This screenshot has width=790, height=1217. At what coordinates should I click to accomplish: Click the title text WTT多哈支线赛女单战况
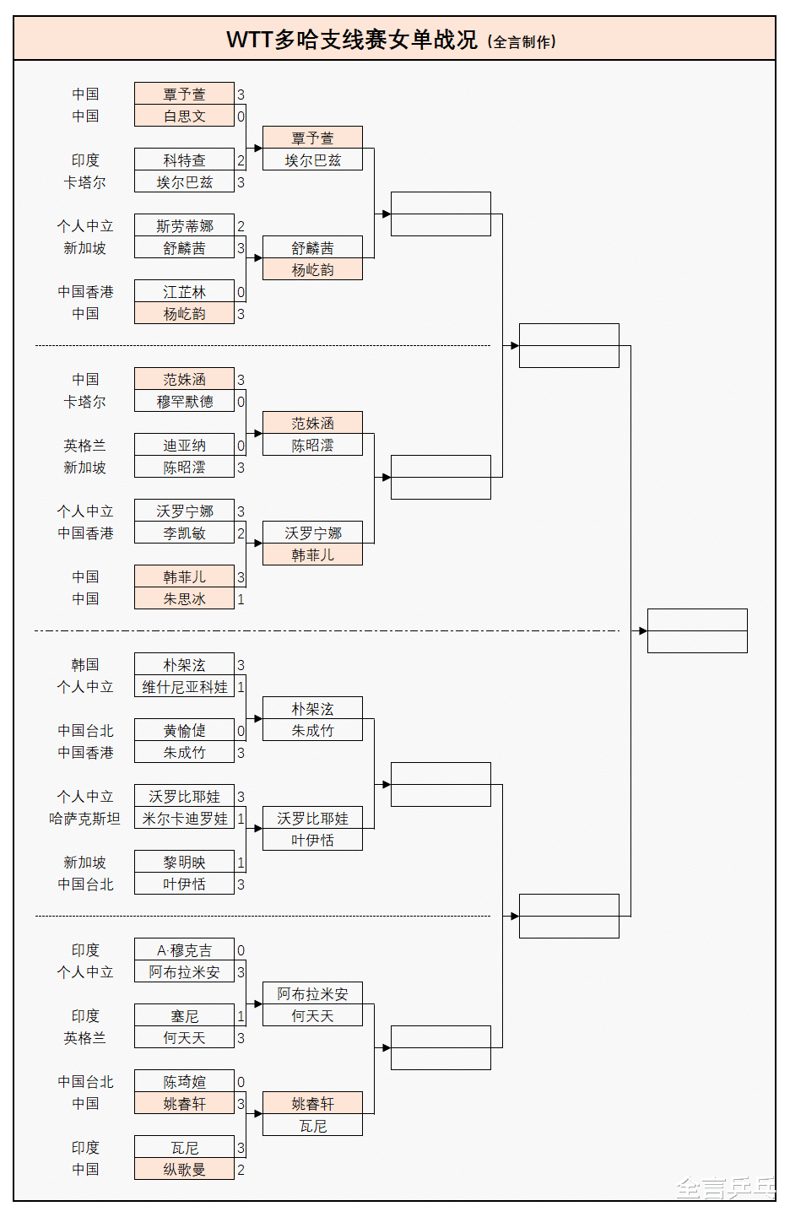click(x=352, y=40)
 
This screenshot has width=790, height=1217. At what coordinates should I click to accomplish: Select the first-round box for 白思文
click(x=184, y=116)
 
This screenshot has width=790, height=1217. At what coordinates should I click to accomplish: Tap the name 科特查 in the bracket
click(x=184, y=160)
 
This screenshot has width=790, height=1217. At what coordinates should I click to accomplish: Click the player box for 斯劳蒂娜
click(x=184, y=226)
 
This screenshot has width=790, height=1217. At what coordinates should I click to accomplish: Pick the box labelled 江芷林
click(x=184, y=292)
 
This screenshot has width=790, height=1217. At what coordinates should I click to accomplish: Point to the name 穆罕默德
click(x=184, y=402)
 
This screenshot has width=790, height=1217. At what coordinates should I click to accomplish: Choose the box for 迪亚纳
click(x=184, y=446)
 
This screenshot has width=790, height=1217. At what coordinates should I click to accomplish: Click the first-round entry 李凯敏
click(x=184, y=533)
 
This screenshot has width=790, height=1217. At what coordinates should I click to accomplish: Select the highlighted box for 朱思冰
click(x=184, y=599)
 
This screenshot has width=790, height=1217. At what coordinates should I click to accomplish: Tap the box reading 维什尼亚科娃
click(x=184, y=687)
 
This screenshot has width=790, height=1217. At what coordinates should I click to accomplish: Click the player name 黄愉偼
click(x=184, y=731)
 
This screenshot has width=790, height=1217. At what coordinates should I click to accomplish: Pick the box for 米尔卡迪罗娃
click(x=184, y=819)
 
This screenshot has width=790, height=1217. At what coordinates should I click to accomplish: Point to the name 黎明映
click(x=184, y=863)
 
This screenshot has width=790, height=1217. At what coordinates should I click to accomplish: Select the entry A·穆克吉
click(x=184, y=950)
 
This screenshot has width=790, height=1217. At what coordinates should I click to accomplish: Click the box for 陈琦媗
click(x=184, y=1082)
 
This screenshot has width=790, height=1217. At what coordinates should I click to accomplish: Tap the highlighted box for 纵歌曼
click(x=184, y=1170)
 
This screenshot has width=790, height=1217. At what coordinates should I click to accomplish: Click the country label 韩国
click(x=85, y=665)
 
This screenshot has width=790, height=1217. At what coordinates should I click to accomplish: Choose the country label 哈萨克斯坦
click(x=85, y=819)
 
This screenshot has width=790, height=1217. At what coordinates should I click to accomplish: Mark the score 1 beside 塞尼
click(x=241, y=1016)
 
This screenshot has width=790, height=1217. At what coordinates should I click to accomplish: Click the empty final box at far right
click(x=697, y=630)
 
